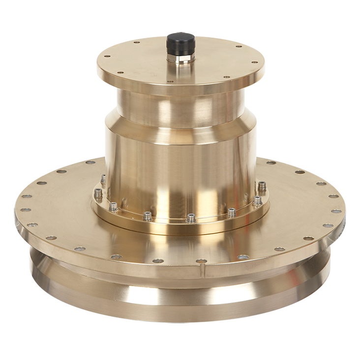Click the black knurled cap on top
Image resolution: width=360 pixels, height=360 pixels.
[x=180, y=44]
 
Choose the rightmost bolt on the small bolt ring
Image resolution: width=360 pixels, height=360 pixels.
[x=262, y=186]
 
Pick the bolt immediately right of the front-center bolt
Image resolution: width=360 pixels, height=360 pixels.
[x=231, y=212]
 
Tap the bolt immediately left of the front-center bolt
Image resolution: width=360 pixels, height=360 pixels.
[x=148, y=215]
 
